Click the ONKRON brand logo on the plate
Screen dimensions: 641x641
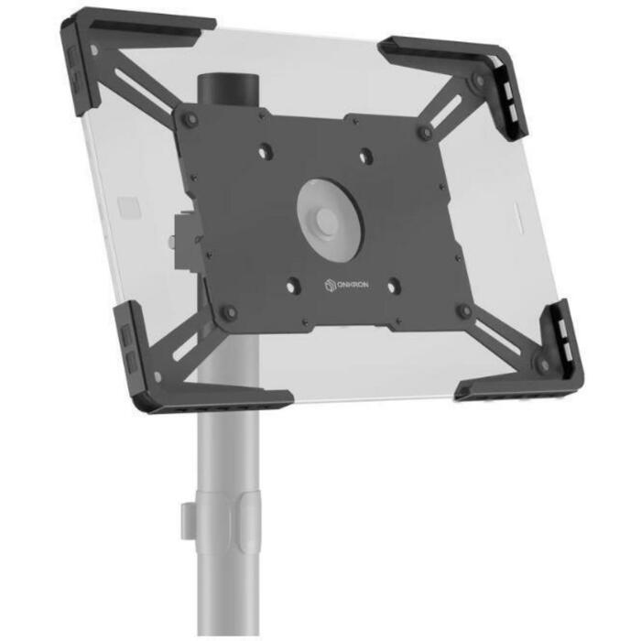coord(346,285)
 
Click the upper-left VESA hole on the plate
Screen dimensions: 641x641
coord(264,151)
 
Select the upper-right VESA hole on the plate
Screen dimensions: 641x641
coord(365,156)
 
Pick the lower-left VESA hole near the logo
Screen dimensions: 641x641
coord(293,285)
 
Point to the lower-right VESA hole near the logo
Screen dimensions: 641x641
coord(394,286)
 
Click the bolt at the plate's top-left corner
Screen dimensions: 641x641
coord(190,119)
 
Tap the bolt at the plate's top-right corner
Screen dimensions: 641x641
coord(425,133)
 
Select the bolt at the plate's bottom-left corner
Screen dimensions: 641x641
coord(230,313)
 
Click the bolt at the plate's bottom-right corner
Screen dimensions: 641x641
coord(465,311)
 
